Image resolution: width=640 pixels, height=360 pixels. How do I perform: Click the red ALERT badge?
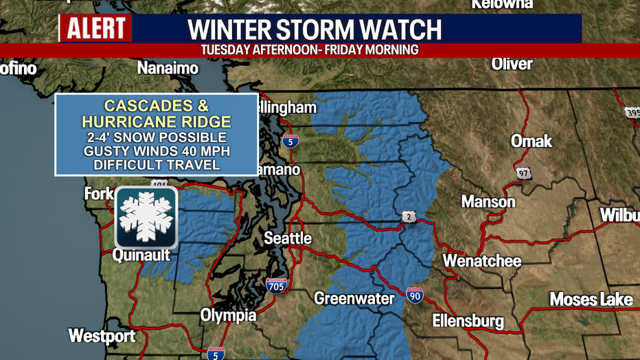pyautogui.click(x=95, y=29)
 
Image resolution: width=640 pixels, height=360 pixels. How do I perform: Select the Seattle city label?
pyautogui.click(x=288, y=239)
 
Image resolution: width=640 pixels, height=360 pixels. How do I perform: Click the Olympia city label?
pyautogui.click(x=228, y=315)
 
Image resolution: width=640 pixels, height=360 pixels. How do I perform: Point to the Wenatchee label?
pyautogui.click(x=481, y=261)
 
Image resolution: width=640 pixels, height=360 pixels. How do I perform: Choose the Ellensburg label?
pyautogui.click(x=468, y=321)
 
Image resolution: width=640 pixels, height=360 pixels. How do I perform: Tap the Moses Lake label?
pyautogui.click(x=591, y=300)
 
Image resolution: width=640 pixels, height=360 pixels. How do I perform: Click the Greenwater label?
pyautogui.click(x=354, y=298)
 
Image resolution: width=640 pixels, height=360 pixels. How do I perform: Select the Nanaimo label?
pyautogui.click(x=168, y=68)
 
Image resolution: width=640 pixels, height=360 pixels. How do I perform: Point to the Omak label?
pyautogui.click(x=531, y=141)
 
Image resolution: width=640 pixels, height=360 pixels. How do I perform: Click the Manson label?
pyautogui.click(x=488, y=202)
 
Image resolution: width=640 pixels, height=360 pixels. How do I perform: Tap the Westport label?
pyautogui.click(x=102, y=336)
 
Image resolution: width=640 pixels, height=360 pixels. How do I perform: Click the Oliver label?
pyautogui.click(x=512, y=64)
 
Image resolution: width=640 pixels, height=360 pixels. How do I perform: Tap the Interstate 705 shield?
pyautogui.click(x=276, y=285)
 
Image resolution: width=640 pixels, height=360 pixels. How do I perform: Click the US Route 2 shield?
pyautogui.click(x=408, y=217)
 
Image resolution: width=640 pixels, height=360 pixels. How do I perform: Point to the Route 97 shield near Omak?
pyautogui.click(x=524, y=173)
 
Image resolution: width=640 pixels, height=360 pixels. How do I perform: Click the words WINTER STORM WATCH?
pyautogui.click(x=315, y=30)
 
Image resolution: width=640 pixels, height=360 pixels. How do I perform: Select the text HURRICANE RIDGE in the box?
pyautogui.click(x=157, y=122)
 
